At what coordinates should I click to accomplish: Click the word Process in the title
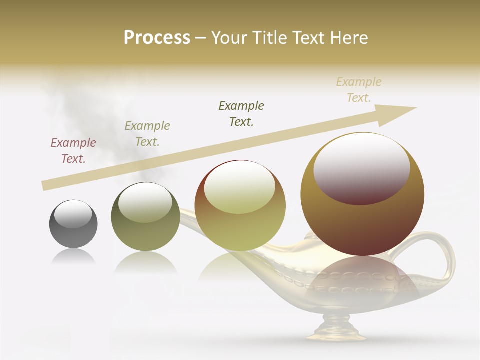[157, 38]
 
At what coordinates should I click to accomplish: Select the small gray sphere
[73, 224]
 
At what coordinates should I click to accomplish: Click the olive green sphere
[145, 217]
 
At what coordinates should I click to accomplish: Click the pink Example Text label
[73, 151]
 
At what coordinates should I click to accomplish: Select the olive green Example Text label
[147, 134]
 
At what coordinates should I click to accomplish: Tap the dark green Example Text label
[241, 113]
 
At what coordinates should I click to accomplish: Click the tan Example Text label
[359, 90]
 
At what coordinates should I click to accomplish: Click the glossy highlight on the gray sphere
[73, 214]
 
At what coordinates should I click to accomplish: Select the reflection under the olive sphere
[145, 262]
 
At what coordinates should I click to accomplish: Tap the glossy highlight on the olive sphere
[145, 202]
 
